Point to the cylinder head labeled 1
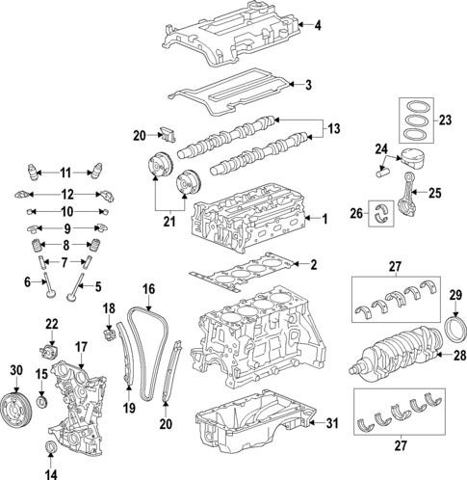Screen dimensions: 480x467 coord(255,227)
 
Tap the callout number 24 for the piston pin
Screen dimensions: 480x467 coord(381,149)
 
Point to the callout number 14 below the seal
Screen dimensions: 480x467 coord(51,473)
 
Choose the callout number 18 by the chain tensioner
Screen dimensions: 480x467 coord(109,308)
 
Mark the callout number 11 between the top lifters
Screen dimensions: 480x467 coord(65,173)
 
